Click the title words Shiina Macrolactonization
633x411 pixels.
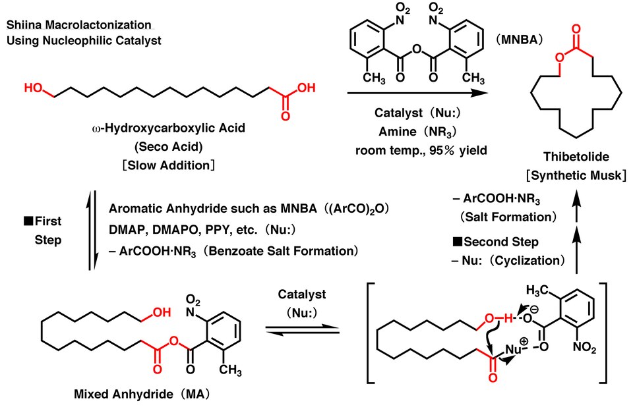78,24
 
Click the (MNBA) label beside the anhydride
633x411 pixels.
519,39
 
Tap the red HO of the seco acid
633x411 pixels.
34,88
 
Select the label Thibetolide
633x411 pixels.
576,157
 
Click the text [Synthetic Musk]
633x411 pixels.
576,175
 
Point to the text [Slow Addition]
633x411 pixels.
168,165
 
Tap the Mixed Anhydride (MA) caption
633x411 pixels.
142,394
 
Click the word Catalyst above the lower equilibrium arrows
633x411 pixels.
302,294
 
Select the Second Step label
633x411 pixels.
500,242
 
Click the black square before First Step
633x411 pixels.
28,221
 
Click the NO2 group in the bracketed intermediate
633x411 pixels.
585,347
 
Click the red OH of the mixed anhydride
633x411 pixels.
162,312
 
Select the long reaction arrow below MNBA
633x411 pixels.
418,93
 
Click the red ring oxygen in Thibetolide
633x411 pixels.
559,57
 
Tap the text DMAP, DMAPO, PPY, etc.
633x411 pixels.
183,229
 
